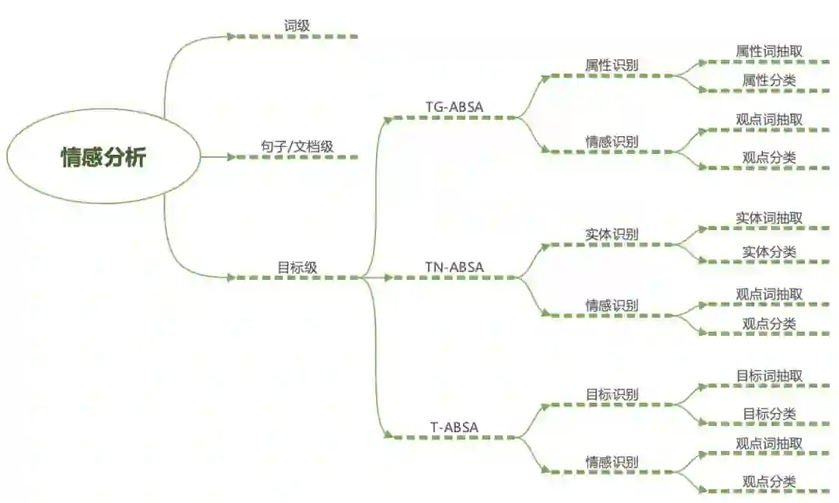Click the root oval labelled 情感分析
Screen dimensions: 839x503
[x=103, y=157]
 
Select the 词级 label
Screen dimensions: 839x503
[x=297, y=26]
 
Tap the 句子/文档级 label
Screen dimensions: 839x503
[x=297, y=146]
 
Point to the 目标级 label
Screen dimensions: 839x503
[x=297, y=267]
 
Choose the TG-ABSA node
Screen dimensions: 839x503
[x=454, y=107]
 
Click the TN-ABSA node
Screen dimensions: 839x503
[x=454, y=267]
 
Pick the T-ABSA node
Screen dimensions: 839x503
[x=454, y=427]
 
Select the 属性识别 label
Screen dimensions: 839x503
[x=611, y=65]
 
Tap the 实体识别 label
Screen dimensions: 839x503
[x=611, y=234]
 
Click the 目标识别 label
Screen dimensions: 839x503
[x=611, y=394]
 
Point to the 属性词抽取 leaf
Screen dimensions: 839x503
[x=769, y=51]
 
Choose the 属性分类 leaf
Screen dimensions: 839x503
[x=769, y=80]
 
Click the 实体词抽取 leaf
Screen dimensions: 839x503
[x=769, y=218]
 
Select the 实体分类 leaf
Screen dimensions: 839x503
[x=769, y=252]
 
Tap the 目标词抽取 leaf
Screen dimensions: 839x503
[x=769, y=376]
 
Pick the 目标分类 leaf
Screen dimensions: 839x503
[x=769, y=414]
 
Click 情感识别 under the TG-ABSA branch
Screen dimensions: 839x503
[x=611, y=141]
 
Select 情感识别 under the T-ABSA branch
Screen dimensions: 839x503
[x=611, y=462]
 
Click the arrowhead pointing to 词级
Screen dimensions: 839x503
[x=231, y=36]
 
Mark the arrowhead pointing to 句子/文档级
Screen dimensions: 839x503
[x=231, y=157]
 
